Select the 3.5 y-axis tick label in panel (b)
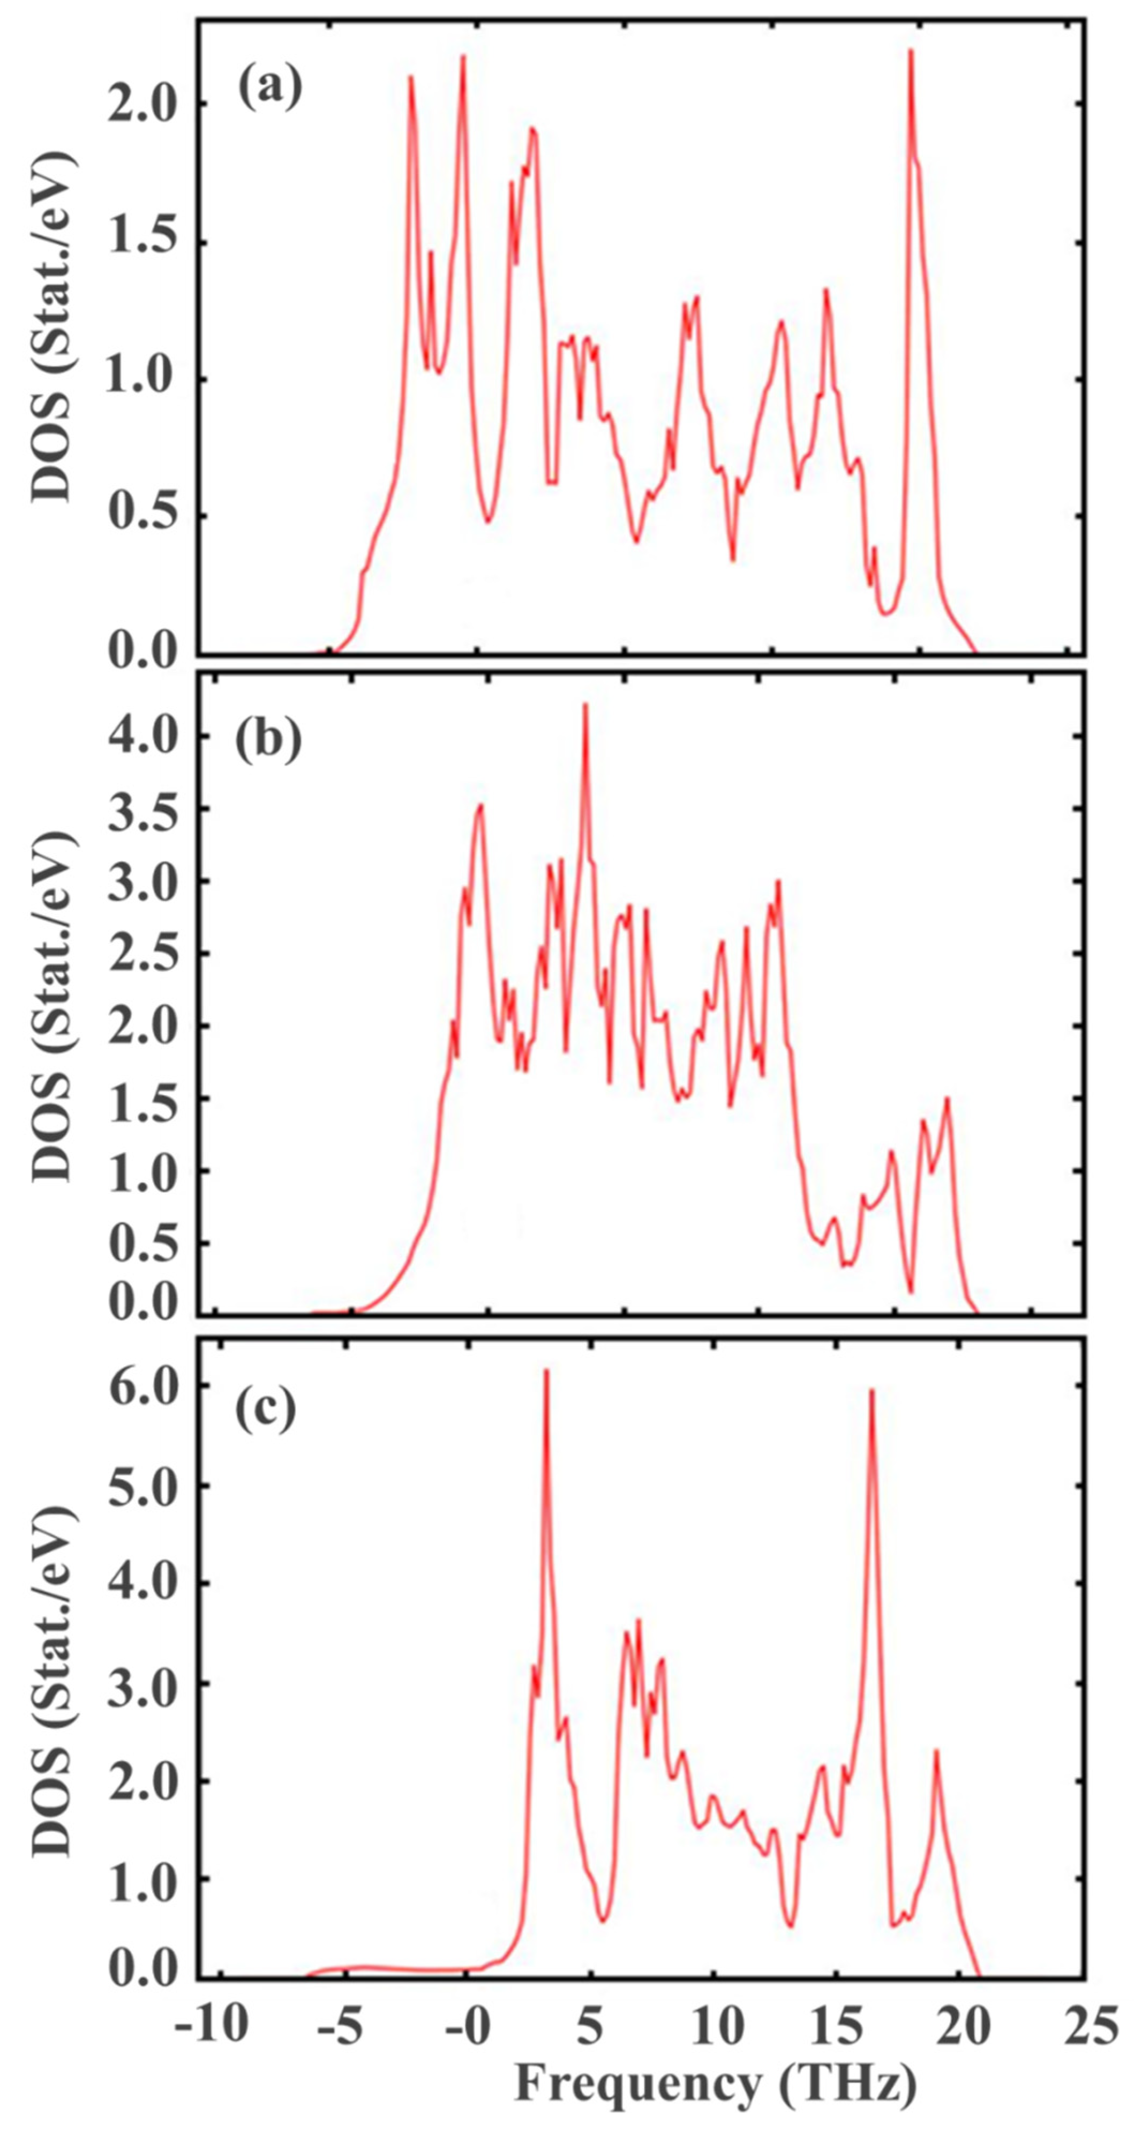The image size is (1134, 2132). [x=143, y=808]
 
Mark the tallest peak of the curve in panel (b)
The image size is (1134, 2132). [x=585, y=706]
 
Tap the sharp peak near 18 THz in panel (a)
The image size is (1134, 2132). [x=911, y=51]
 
